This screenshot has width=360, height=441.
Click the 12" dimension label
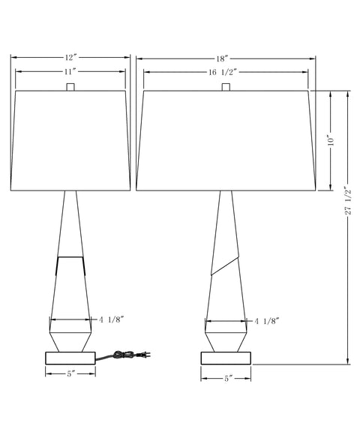pyautogui.click(x=70, y=58)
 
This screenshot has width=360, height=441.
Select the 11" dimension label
pyautogui.click(x=70, y=72)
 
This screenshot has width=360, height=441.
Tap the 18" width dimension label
pyautogui.click(x=222, y=58)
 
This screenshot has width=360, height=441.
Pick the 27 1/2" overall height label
pyautogui.click(x=348, y=200)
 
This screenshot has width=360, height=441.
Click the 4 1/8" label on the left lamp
pyautogui.click(x=111, y=319)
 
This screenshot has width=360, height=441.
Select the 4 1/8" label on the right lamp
pyautogui.click(x=267, y=321)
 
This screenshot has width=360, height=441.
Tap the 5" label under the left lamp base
pyautogui.click(x=70, y=374)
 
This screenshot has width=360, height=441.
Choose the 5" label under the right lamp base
pyautogui.click(x=226, y=379)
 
